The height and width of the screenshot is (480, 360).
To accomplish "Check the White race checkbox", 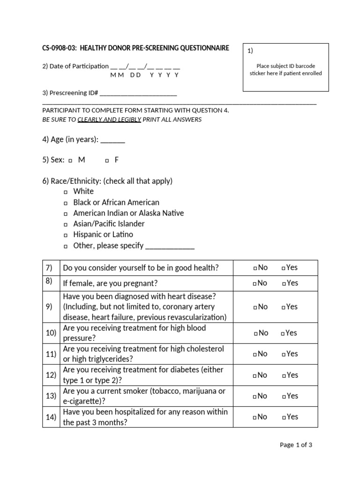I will (x=66, y=192).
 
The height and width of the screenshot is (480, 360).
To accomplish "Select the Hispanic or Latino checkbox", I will (x=66, y=235).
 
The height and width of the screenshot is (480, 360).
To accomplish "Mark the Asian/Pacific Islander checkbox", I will (x=66, y=225).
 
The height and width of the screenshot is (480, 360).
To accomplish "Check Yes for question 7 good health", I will (x=284, y=268).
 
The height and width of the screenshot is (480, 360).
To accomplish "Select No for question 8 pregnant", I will (x=255, y=284).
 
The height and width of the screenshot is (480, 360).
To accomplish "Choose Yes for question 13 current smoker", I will (x=284, y=397).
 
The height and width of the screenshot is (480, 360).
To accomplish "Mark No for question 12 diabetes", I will (x=255, y=375).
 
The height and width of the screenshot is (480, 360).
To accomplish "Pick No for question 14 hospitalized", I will (x=255, y=417).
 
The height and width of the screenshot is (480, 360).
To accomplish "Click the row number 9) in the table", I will (x=49, y=307).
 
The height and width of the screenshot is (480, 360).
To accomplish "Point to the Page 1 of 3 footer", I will (x=295, y=445).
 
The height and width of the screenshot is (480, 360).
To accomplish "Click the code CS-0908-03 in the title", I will (x=56, y=48).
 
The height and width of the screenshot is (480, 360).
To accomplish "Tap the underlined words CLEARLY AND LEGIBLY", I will (x=109, y=120).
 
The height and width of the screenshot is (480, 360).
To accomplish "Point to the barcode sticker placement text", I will (x=285, y=69).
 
